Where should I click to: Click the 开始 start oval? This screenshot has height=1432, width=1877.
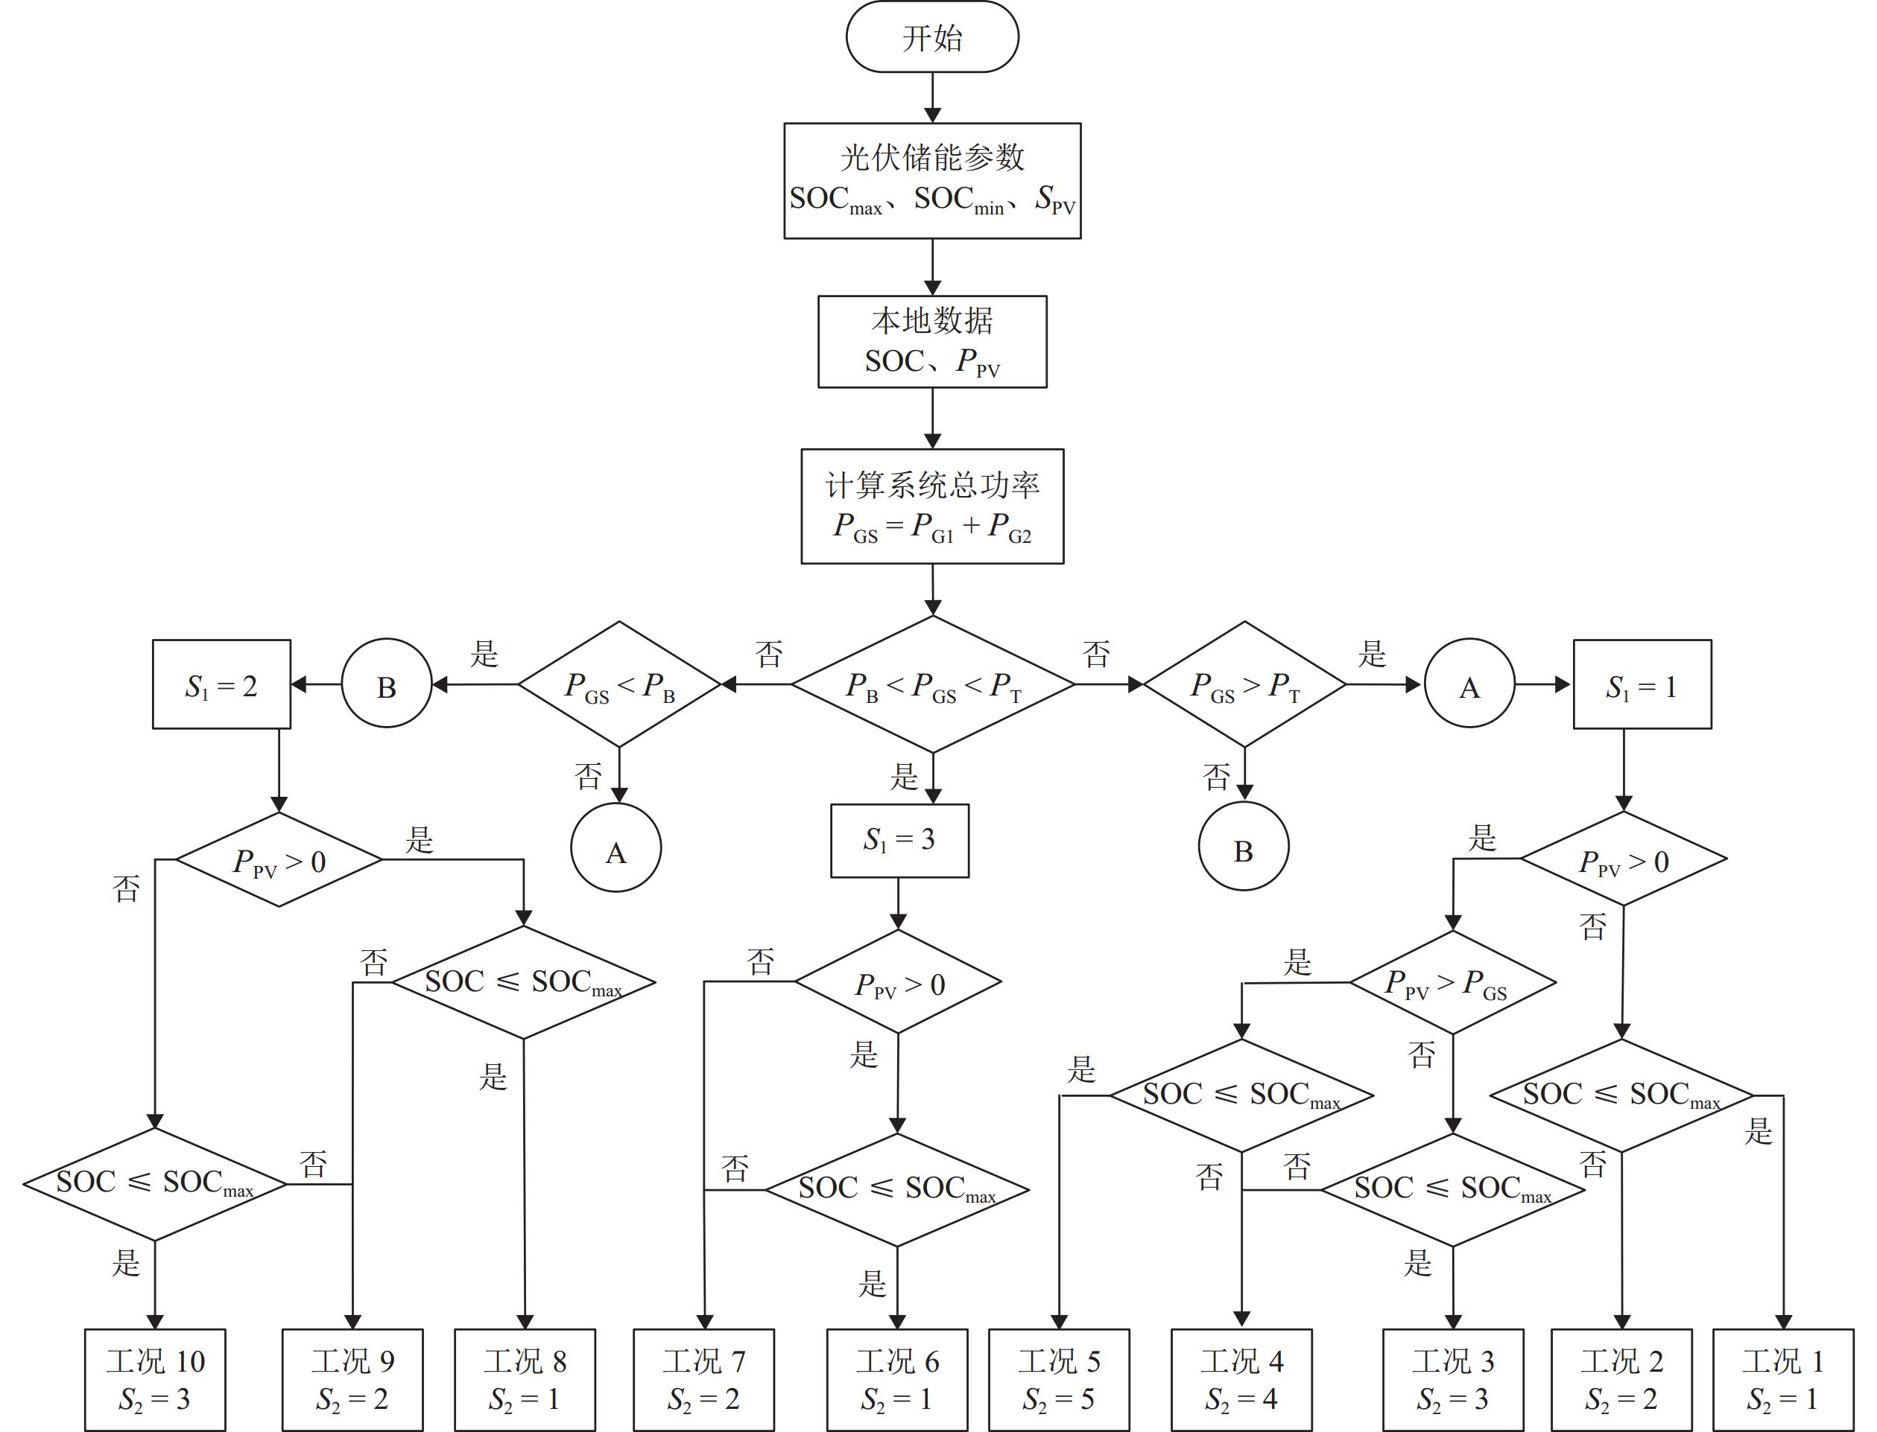pos(932,37)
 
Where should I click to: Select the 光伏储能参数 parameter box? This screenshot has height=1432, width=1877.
pos(932,181)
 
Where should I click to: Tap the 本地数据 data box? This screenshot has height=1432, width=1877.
pos(932,342)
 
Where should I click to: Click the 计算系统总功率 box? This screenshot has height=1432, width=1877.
pos(932,506)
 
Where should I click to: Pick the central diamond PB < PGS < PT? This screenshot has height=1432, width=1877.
pos(933,684)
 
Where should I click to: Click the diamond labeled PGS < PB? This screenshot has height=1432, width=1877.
pos(619,684)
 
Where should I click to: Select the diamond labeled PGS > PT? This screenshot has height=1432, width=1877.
pos(1244,684)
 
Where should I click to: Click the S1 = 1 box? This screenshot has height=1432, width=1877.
pos(1642,684)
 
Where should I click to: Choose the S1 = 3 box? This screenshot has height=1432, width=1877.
pos(899,841)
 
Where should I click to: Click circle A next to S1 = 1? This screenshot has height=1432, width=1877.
pos(1469,684)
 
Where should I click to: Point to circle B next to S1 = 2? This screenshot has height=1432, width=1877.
pos(386,684)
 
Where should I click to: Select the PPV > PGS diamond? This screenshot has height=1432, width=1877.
pos(1452,983)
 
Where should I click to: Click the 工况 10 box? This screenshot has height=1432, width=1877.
pos(155,1379)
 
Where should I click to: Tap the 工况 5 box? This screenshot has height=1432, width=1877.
pos(1059,1379)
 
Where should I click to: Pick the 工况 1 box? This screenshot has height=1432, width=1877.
pos(1783,1379)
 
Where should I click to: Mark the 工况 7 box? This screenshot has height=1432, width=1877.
pos(703,1379)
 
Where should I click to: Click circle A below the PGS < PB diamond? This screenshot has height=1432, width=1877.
pos(615,849)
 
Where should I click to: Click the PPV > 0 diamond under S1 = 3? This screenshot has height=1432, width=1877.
pos(898,983)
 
